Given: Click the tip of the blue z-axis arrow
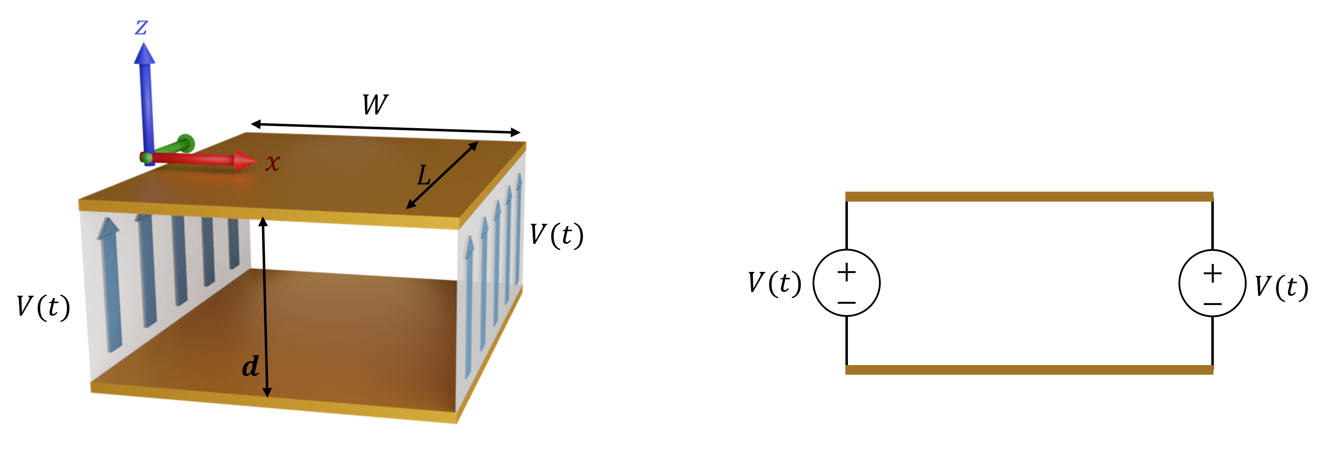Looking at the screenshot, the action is pos(144,43).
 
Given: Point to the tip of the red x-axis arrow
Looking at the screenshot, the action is pos(257,162).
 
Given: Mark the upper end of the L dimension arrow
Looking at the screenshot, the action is pos(478,142).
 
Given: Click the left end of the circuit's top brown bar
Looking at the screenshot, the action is pos(846,197).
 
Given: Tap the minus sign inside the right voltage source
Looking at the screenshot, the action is pos(1213,303).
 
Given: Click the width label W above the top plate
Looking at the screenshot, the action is pos(375,105).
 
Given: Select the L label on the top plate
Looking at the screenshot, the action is pos(424,175).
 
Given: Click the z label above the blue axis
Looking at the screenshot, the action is pos(141,27).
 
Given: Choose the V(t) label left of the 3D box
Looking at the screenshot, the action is pos(43,307).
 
